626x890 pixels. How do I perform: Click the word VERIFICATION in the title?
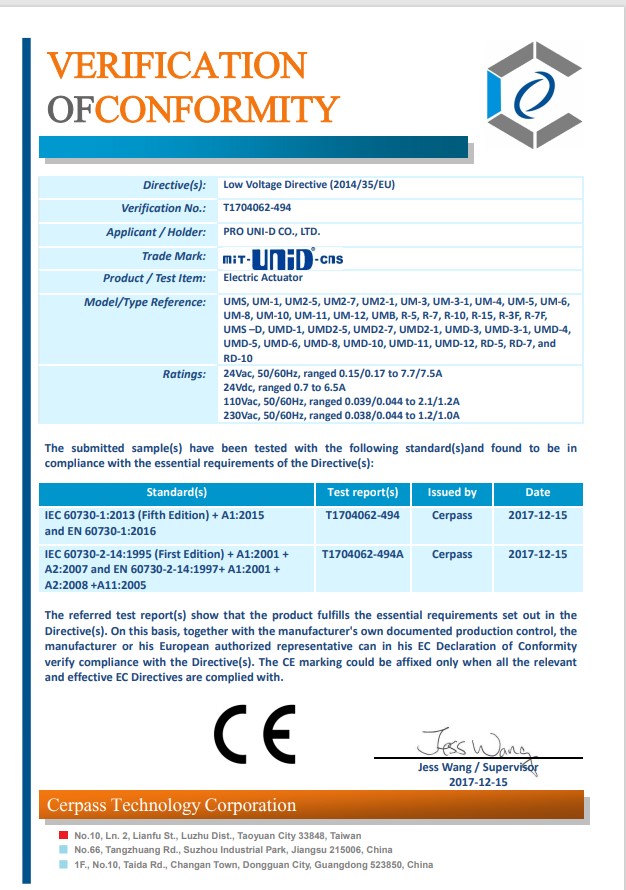coord(177,66)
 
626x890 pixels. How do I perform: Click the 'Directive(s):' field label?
coord(174,185)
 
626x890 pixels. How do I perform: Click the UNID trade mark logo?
coord(284,258)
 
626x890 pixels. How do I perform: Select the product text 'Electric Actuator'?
coord(261,277)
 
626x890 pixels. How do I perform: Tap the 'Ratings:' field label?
coord(183,374)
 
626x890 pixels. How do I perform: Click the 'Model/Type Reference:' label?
coord(144,302)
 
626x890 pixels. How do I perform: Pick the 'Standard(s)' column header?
coord(176,492)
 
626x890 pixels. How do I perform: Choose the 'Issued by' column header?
coord(452,492)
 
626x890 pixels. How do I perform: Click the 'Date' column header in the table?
coord(537,492)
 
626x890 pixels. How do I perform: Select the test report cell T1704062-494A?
coord(363,554)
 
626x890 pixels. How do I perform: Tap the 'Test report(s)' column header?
coord(362,492)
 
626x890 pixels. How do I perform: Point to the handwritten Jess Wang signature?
coord(477,745)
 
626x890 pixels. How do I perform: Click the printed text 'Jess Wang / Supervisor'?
coord(477,767)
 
